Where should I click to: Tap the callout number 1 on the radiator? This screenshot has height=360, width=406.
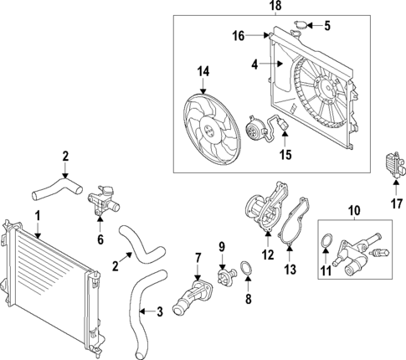[x=37, y=217]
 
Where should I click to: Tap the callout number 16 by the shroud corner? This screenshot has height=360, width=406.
[x=239, y=36]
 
